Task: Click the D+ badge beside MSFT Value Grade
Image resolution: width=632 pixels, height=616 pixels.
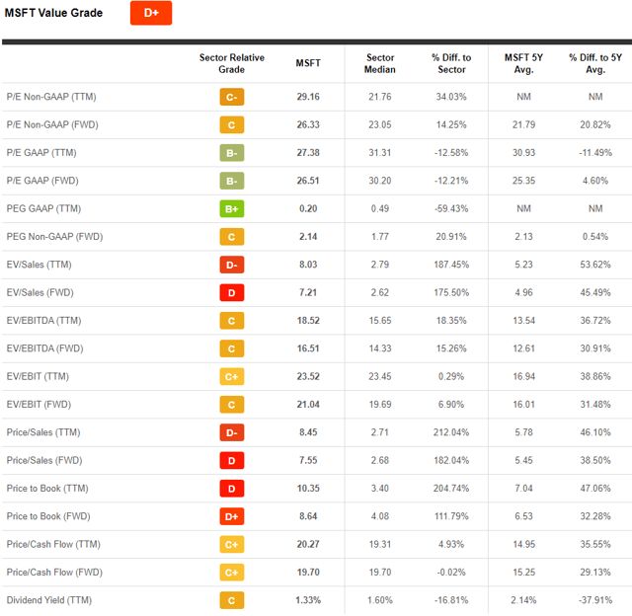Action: coord(151,13)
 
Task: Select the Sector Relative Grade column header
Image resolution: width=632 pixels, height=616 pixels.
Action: coord(232,63)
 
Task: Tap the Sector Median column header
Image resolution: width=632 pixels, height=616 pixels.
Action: coord(380,63)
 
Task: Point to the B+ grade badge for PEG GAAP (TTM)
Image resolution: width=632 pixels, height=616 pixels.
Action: coord(232,208)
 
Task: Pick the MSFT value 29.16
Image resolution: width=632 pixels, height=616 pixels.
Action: coord(308,97)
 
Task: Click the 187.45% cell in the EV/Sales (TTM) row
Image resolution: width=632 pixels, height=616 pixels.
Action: coord(451,265)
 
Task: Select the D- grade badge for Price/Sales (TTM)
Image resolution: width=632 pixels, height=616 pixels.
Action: coord(232,432)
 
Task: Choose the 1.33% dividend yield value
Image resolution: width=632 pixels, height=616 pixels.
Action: coord(308,600)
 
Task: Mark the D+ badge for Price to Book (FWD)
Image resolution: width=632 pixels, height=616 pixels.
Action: coord(232,516)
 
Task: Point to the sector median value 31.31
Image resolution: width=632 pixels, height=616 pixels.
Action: coord(380,153)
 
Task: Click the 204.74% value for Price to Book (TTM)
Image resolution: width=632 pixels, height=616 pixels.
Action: coord(451,489)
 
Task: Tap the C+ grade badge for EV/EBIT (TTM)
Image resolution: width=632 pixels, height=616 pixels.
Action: coord(232,376)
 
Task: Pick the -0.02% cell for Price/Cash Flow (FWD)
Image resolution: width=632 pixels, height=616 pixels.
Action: coord(451,573)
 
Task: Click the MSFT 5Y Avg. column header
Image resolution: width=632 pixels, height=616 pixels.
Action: coord(523,63)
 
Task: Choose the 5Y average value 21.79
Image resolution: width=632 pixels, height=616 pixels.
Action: coord(523,124)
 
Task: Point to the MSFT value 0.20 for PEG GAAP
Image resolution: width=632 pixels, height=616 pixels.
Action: coord(308,208)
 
